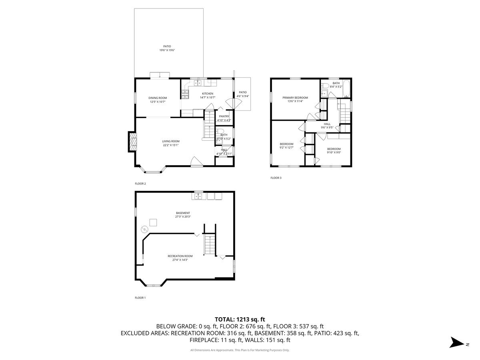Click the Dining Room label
point(158,98)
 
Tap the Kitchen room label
point(207,94)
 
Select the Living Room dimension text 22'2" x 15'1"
point(170,145)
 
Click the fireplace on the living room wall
point(132,142)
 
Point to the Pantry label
point(224,116)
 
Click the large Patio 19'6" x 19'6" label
point(167,46)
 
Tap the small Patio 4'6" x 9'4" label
point(243,92)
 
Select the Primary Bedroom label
point(295,98)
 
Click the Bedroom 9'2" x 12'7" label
point(286,144)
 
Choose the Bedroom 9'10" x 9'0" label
point(334,149)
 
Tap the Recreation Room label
point(180,256)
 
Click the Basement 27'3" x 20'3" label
point(183,213)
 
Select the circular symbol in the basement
point(144,229)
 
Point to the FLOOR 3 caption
point(276,178)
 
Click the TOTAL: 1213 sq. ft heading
point(240,319)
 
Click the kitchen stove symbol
point(185,94)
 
